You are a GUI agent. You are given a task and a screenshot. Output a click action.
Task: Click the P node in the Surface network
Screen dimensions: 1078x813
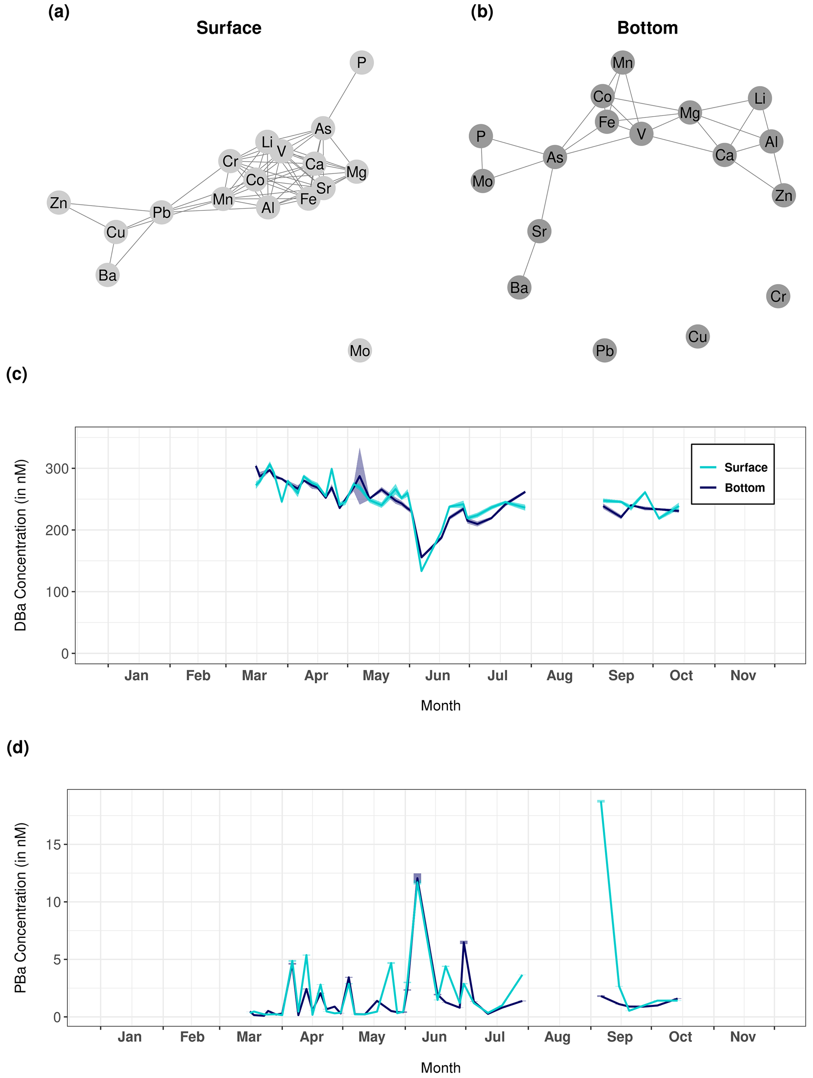(361, 62)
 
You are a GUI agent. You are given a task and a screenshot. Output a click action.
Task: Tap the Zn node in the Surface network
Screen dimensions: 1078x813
(59, 202)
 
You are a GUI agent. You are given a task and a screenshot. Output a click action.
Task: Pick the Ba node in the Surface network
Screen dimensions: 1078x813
(108, 276)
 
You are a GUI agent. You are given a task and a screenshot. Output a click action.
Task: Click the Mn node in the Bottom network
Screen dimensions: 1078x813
(623, 62)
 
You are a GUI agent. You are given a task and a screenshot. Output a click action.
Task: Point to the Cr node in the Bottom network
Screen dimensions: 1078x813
(778, 296)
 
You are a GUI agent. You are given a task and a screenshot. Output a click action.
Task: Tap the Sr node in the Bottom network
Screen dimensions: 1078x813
(539, 231)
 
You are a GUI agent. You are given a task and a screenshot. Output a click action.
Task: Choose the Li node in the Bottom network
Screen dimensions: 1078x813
(760, 98)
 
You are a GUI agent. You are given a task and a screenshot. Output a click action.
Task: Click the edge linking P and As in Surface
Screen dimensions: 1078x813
(342, 96)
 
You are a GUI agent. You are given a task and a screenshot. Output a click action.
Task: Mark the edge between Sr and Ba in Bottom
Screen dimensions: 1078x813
(529, 259)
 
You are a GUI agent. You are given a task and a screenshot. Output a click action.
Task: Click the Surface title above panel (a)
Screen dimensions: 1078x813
(229, 28)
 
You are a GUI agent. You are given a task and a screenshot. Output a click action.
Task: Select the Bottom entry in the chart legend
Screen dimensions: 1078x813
(744, 488)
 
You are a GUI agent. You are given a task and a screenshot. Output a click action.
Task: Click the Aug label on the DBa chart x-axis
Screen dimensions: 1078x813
(559, 676)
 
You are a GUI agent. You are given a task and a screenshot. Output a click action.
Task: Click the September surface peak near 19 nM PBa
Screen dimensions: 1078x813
(601, 801)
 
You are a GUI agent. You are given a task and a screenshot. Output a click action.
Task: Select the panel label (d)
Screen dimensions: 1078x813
(18, 747)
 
